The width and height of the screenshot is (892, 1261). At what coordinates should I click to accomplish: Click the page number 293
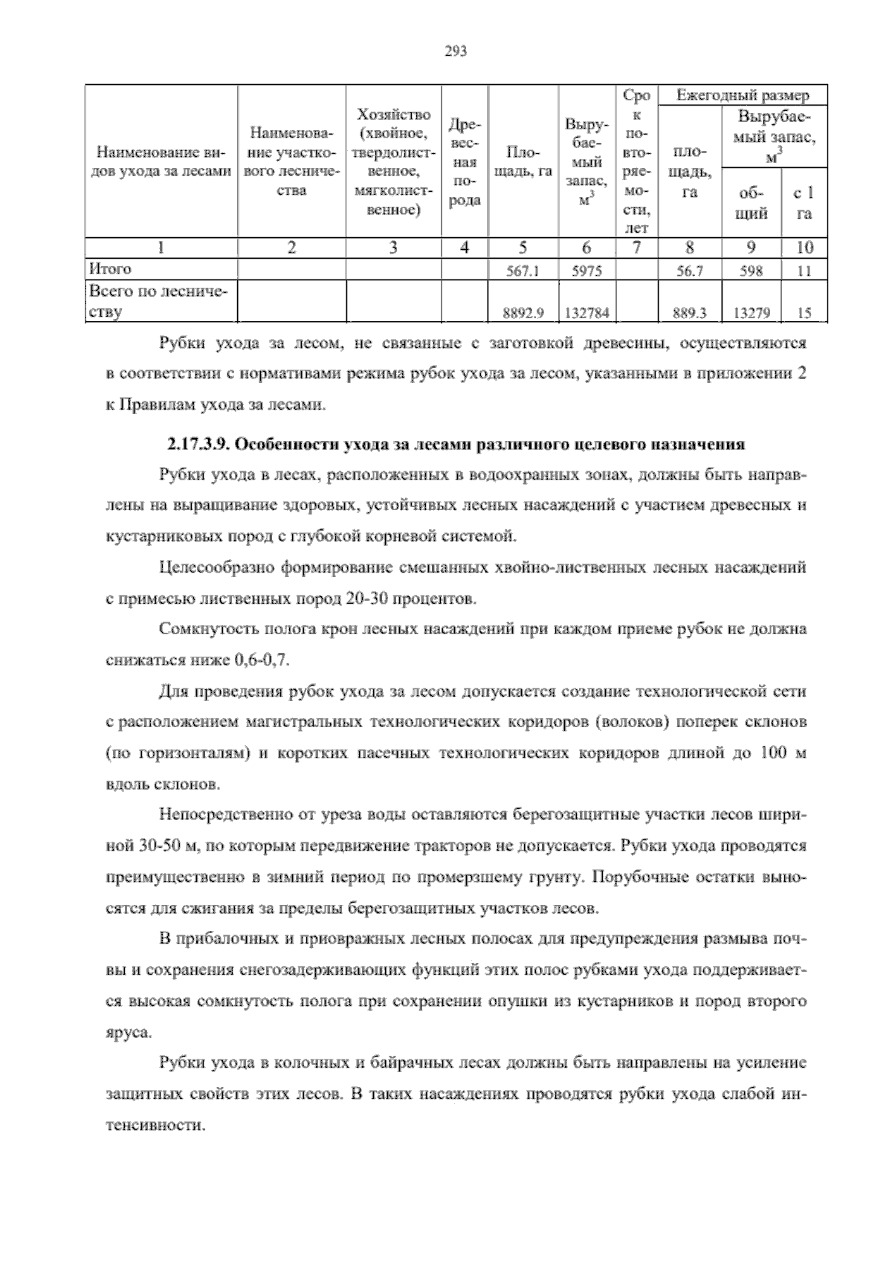point(455,51)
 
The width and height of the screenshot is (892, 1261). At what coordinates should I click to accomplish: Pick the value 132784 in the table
point(586,314)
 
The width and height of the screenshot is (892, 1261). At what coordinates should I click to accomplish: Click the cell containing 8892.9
point(523,314)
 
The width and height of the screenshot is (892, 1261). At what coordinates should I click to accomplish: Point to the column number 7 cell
point(637,248)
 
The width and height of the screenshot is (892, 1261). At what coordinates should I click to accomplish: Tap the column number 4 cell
point(465,248)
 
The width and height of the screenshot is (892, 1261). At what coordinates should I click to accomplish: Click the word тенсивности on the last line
point(155,1125)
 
